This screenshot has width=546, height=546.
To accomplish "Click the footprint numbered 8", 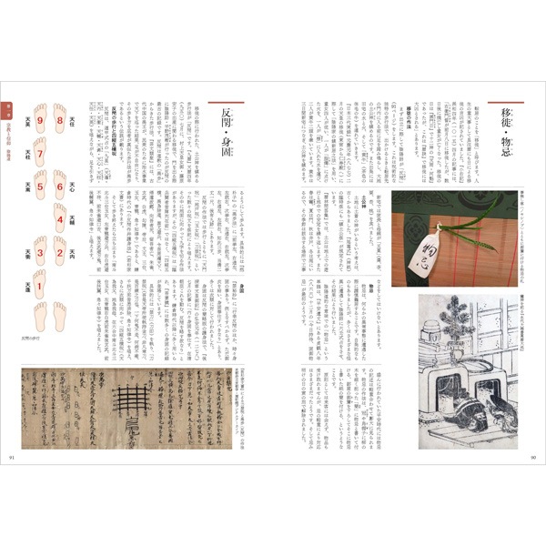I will point(61,120).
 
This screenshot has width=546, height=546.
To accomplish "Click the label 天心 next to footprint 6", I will point(76,187).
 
